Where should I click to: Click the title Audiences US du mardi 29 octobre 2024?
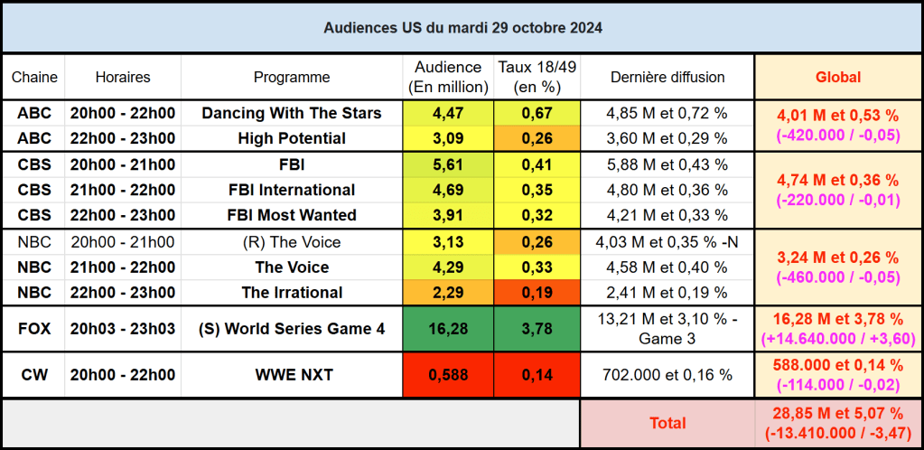pyautogui.click(x=462, y=27)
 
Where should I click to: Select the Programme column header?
pyautogui.click(x=292, y=78)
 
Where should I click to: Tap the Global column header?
pyautogui.click(x=837, y=78)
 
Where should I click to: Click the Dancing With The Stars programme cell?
pyautogui.click(x=292, y=113)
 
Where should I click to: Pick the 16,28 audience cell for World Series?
pyautogui.click(x=449, y=329)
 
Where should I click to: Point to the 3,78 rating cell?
pyautogui.click(x=537, y=329)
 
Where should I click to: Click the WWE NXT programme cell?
pyautogui.click(x=292, y=374)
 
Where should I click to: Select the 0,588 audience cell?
pyautogui.click(x=449, y=374)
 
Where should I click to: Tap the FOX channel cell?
pyautogui.click(x=34, y=329)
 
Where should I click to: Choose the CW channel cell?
pyautogui.click(x=34, y=374)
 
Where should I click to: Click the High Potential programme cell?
pyautogui.click(x=292, y=138)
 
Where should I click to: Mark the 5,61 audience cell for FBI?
pyautogui.click(x=449, y=164)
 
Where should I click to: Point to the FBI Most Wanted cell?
pyautogui.click(x=292, y=215)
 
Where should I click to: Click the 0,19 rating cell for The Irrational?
pyautogui.click(x=537, y=292)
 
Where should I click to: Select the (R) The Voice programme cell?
pyautogui.click(x=292, y=241)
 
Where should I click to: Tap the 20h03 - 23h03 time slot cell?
pyautogui.click(x=123, y=329)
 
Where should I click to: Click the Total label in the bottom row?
pyautogui.click(x=667, y=422)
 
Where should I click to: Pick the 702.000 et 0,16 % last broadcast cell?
pyautogui.click(x=667, y=374)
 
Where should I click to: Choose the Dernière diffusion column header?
pyautogui.click(x=667, y=78)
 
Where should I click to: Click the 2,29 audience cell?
pyautogui.click(x=449, y=292)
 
